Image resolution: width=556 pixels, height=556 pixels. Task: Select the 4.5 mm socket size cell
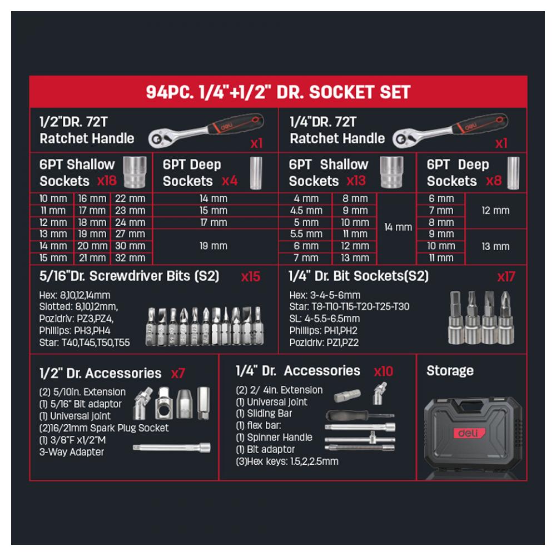click(x=306, y=211)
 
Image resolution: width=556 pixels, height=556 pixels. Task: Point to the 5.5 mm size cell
click(x=306, y=234)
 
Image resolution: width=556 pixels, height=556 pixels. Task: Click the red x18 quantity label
click(x=107, y=181)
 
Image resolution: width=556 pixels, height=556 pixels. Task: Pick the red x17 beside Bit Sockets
click(x=506, y=276)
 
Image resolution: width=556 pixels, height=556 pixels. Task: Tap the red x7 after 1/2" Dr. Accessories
click(x=178, y=374)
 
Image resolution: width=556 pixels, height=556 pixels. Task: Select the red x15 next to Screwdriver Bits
click(x=250, y=276)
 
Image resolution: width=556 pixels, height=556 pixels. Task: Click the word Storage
click(x=450, y=370)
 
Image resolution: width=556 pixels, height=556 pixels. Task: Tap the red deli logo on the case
click(x=469, y=433)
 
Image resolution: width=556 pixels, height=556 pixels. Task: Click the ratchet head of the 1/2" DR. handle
click(x=160, y=138)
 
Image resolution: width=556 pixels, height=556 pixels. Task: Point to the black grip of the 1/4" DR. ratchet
click(x=481, y=123)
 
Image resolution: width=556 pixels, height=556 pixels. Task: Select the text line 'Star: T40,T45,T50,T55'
click(x=85, y=342)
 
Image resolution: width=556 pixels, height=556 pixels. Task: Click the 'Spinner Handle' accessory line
click(x=274, y=437)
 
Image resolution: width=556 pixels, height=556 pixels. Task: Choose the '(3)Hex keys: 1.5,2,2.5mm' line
click(x=287, y=461)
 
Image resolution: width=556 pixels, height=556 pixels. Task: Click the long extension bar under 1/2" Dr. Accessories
click(x=172, y=448)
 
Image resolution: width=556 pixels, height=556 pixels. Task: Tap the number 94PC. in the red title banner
click(x=170, y=92)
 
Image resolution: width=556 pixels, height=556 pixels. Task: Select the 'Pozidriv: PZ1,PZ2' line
click(x=324, y=342)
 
